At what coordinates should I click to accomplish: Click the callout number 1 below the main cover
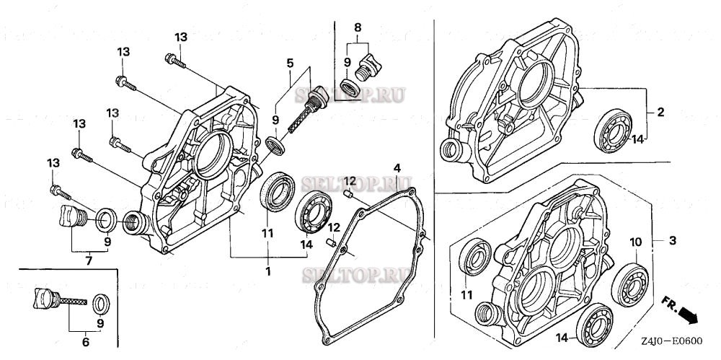coord(267,271)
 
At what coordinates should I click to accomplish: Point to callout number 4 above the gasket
coord(396,169)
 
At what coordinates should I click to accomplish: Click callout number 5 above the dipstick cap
coord(290,63)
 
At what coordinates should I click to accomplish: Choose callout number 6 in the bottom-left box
coord(84,343)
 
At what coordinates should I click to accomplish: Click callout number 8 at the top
coord(357,27)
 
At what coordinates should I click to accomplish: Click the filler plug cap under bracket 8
coord(372,66)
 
